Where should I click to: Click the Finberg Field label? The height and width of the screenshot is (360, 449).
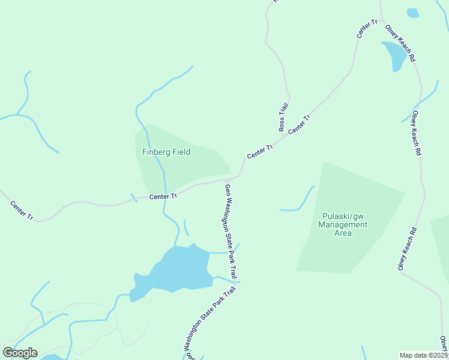166,152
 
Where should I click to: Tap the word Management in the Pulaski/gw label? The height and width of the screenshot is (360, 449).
343,225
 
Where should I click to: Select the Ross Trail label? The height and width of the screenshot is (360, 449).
283,116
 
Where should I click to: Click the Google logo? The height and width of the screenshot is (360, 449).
20,353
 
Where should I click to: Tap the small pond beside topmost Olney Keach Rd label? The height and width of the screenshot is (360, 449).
396,55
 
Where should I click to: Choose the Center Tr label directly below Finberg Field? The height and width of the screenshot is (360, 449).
163,196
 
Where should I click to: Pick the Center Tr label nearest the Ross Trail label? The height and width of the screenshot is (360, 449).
298,124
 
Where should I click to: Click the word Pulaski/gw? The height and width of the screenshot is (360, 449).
343,216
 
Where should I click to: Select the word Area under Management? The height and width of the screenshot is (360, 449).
343,233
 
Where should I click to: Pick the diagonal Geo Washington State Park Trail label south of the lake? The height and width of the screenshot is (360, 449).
209,322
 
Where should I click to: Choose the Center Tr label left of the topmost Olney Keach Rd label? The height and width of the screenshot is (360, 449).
367,29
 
